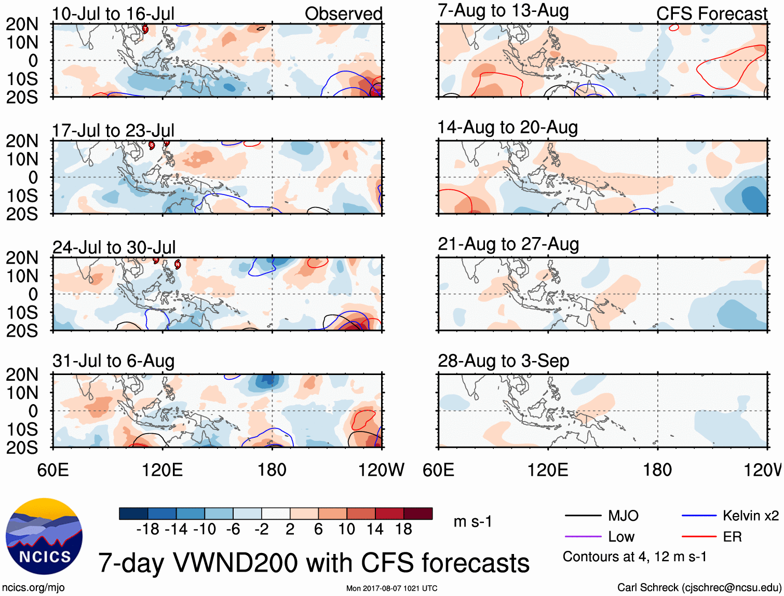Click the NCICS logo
click(44, 536)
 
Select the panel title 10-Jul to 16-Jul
click(113, 14)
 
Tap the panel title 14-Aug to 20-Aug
click(507, 128)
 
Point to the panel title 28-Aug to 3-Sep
click(503, 361)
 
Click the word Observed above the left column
click(343, 14)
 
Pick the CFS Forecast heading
click(711, 14)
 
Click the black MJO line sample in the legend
click(583, 516)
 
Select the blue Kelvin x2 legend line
click(699, 516)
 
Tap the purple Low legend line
click(583, 537)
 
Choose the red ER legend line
click(699, 537)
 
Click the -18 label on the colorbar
click(147, 530)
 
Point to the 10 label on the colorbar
click(346, 530)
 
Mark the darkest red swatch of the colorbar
click(418, 514)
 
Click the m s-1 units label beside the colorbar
click(472, 522)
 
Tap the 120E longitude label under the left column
click(163, 470)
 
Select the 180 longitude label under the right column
click(657, 470)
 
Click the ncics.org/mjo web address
click(33, 588)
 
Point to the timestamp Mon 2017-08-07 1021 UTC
click(391, 588)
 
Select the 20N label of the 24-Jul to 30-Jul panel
click(22, 258)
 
